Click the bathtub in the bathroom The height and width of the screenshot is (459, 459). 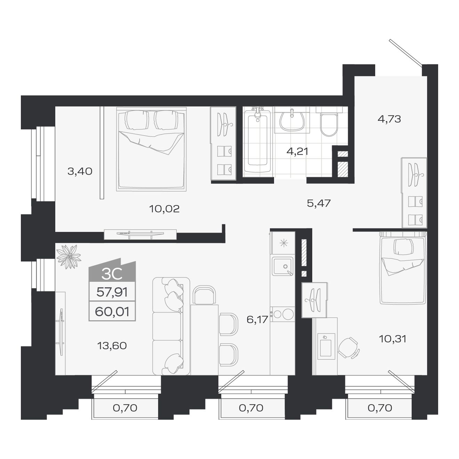[257, 143]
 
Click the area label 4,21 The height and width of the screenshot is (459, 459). [297, 151]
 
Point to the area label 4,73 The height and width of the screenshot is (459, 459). [389, 119]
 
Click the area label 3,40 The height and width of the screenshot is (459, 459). [80, 171]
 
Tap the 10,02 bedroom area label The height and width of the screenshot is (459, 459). [164, 209]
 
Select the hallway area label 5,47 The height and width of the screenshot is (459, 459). [319, 203]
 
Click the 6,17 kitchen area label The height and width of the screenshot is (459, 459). [257, 319]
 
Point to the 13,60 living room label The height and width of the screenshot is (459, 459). [112, 346]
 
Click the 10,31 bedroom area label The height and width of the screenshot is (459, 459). [393, 339]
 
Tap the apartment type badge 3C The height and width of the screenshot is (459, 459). [112, 274]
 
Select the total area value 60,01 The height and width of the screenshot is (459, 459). [112, 312]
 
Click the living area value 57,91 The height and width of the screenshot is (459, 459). [112, 292]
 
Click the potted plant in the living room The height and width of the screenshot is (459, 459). [69, 257]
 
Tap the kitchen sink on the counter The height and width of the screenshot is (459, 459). [283, 266]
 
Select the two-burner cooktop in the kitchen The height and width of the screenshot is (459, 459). [283, 314]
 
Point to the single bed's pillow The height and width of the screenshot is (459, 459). [403, 247]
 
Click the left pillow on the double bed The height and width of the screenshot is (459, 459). [137, 120]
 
